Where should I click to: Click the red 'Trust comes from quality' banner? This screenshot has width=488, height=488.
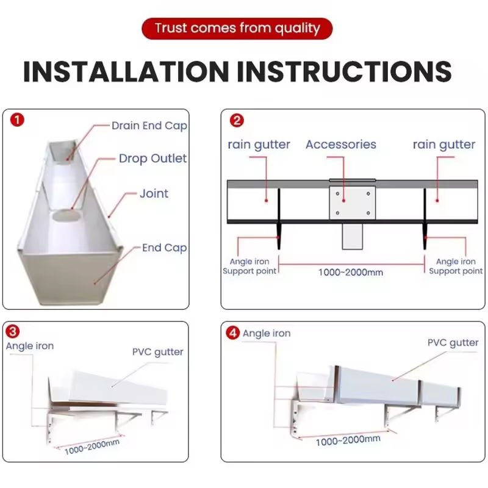pyautogui.click(x=237, y=28)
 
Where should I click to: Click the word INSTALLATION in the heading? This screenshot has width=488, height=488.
pyautogui.click(x=126, y=72)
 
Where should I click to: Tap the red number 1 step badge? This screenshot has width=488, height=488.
pyautogui.click(x=17, y=120)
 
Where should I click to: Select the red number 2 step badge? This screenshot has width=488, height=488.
pyautogui.click(x=237, y=120)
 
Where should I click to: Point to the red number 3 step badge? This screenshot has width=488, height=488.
pyautogui.click(x=12, y=331)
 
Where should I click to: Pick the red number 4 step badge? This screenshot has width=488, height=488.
pyautogui.click(x=233, y=333)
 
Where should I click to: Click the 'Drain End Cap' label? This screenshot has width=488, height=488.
pyautogui.click(x=149, y=126)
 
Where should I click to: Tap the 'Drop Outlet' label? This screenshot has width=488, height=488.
pyautogui.click(x=153, y=159)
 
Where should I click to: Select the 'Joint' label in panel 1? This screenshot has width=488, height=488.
pyautogui.click(x=154, y=193)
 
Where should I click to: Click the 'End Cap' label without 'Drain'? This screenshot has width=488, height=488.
pyautogui.click(x=164, y=248)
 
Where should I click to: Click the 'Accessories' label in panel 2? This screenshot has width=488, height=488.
pyautogui.click(x=341, y=145)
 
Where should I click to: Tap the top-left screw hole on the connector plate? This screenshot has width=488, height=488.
pyautogui.click(x=337, y=193)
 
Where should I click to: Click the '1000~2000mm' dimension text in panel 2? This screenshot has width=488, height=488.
pyautogui.click(x=350, y=273)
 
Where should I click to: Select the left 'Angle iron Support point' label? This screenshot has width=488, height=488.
pyautogui.click(x=249, y=267)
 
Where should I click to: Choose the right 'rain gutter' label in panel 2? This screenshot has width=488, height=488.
pyautogui.click(x=444, y=145)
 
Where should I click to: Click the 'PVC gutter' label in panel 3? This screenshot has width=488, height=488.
pyautogui.click(x=158, y=353)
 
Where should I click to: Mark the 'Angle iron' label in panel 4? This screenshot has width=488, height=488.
pyautogui.click(x=267, y=333)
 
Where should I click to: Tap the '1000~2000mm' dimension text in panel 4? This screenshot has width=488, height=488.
pyautogui.click(x=348, y=440)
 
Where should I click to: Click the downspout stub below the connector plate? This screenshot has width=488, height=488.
pyautogui.click(x=353, y=237)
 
